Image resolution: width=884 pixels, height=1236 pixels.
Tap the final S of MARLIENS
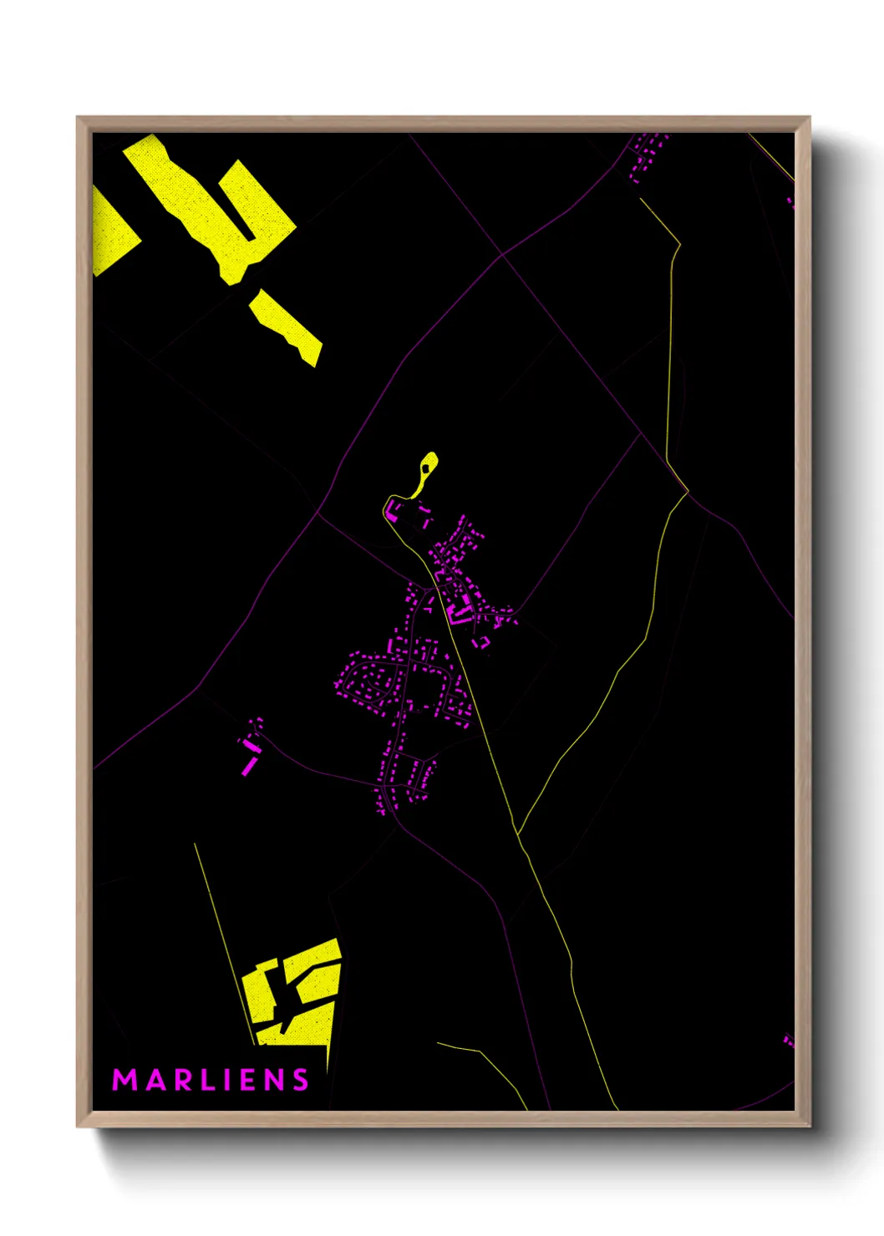300,1080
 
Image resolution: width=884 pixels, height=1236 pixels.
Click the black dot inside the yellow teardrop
426,469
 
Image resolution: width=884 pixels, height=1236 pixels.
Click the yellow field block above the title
297,994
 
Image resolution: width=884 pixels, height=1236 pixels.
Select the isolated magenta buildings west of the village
250,745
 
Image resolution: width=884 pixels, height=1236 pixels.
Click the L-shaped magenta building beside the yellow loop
392,510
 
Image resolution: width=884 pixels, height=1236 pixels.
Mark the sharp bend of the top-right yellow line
679,245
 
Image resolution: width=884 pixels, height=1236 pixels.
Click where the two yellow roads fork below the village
518,833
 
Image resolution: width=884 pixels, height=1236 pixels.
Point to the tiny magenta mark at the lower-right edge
788,1040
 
